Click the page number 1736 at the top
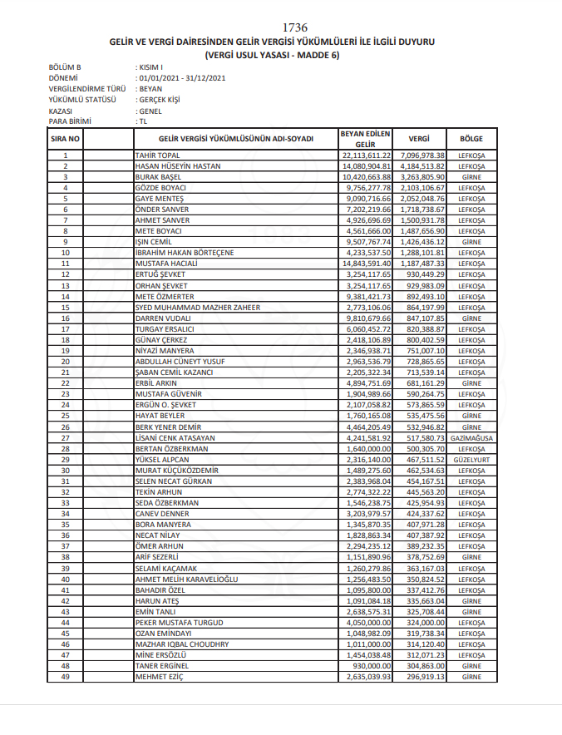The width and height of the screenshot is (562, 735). pyautogui.click(x=295, y=27)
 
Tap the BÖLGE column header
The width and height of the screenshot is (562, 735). pyautogui.click(x=471, y=138)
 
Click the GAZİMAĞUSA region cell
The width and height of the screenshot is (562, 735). pyautogui.click(x=471, y=437)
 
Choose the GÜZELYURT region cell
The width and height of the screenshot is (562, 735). pyautogui.click(x=471, y=458)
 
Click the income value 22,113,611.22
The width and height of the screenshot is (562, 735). pyautogui.click(x=366, y=155)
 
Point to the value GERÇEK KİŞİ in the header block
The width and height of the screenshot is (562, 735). pyautogui.click(x=159, y=99)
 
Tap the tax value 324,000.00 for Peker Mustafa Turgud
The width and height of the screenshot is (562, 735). pyautogui.click(x=425, y=623)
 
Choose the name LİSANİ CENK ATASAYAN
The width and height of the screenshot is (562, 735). pyautogui.click(x=175, y=437)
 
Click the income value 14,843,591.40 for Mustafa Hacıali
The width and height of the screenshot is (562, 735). pyautogui.click(x=366, y=264)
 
